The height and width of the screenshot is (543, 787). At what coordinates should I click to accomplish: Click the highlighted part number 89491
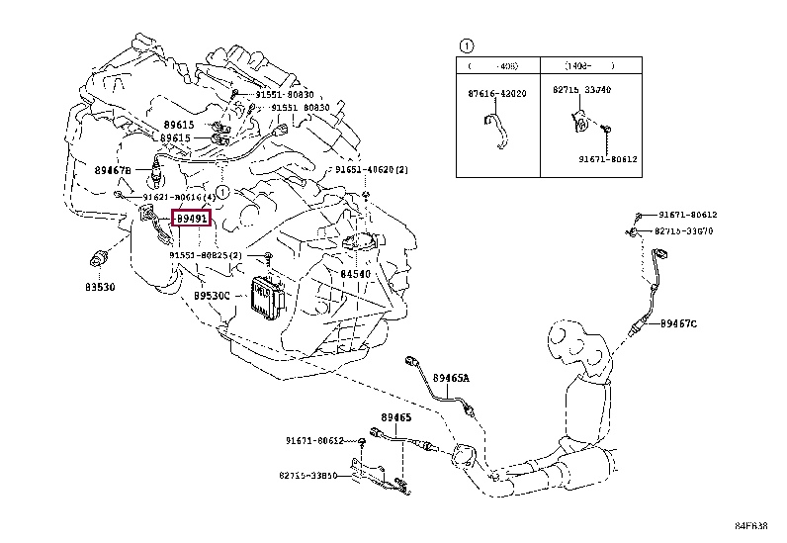pos(192,219)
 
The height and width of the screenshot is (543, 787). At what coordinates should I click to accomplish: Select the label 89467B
pos(114,170)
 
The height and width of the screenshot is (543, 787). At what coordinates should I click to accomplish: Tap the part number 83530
pos(98,287)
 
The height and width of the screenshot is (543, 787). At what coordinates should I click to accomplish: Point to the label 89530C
pos(212,295)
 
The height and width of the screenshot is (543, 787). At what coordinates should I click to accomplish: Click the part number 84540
pos(356,273)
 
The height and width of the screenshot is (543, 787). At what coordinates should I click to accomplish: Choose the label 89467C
pos(679,323)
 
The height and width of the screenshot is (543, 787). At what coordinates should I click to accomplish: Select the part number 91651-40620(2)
pos(371,170)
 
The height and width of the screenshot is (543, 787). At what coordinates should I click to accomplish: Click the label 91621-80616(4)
pos(179,197)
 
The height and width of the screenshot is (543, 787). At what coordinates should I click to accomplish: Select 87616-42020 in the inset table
pos(496,94)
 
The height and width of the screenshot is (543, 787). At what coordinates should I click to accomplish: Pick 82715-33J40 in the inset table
pos(581,89)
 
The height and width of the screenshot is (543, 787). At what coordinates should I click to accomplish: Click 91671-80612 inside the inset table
pos(608,158)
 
